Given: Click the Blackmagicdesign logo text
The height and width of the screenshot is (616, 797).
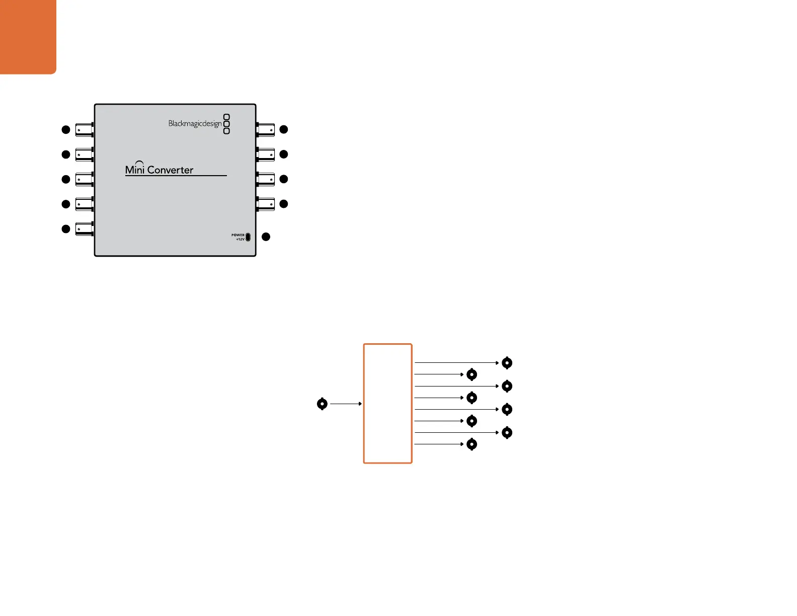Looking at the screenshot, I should tap(195, 124).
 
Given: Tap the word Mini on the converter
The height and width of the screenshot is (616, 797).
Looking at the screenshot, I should tap(135, 169).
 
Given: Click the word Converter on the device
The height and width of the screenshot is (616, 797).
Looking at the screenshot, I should tap(170, 170).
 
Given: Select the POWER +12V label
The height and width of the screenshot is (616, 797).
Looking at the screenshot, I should tap(238, 237).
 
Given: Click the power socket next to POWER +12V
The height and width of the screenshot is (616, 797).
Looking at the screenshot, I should tap(248, 237).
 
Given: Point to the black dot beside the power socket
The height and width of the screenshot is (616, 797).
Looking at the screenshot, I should tap(266, 237).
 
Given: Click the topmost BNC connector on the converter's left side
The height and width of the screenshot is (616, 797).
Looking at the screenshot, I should tap(84, 130).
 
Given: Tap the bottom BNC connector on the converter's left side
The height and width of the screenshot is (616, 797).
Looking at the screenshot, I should tap(84, 229).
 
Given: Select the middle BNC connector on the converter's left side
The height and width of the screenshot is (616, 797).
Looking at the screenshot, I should tap(84, 179).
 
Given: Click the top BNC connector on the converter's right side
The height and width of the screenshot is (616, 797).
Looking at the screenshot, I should tap(266, 130).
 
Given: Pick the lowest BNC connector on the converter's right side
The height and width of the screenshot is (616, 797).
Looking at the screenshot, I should tap(266, 204).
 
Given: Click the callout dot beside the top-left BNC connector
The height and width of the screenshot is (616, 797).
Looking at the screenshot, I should tap(65, 130).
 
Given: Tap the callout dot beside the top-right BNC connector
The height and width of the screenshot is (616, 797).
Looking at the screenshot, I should tap(284, 129).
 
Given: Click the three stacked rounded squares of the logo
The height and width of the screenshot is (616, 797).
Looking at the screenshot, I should tap(226, 124).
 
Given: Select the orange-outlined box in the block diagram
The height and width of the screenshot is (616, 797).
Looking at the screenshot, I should tap(388, 403).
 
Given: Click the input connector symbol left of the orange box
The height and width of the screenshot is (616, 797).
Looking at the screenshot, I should tap(322, 404).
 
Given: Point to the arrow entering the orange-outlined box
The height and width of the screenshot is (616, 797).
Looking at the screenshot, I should tap(346, 404).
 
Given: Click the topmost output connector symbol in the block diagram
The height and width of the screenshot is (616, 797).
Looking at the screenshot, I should tap(507, 363).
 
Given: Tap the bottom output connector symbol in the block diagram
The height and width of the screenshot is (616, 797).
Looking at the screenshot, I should tap(471, 444).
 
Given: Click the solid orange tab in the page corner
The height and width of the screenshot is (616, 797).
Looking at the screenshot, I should tap(28, 36).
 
